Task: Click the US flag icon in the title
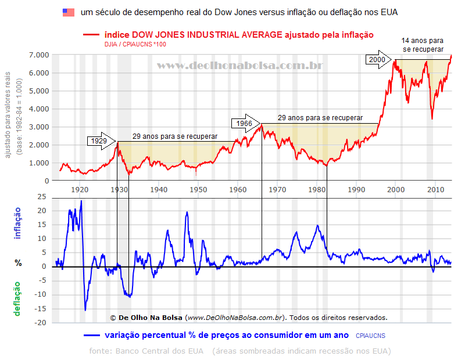point(69,12)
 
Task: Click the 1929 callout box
point(98,141)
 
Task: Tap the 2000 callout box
point(377,60)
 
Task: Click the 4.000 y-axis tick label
point(38,109)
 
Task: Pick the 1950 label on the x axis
point(198,189)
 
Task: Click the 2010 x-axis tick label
point(434,189)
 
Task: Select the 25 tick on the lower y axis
point(41,197)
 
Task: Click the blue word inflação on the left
point(17,224)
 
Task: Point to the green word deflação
point(17,298)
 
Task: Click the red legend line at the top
point(92,35)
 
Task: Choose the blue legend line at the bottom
point(92,335)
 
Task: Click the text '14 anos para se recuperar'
point(423,45)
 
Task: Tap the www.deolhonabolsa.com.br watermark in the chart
point(239,66)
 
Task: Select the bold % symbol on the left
point(18,263)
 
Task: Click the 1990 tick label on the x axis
point(355,189)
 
